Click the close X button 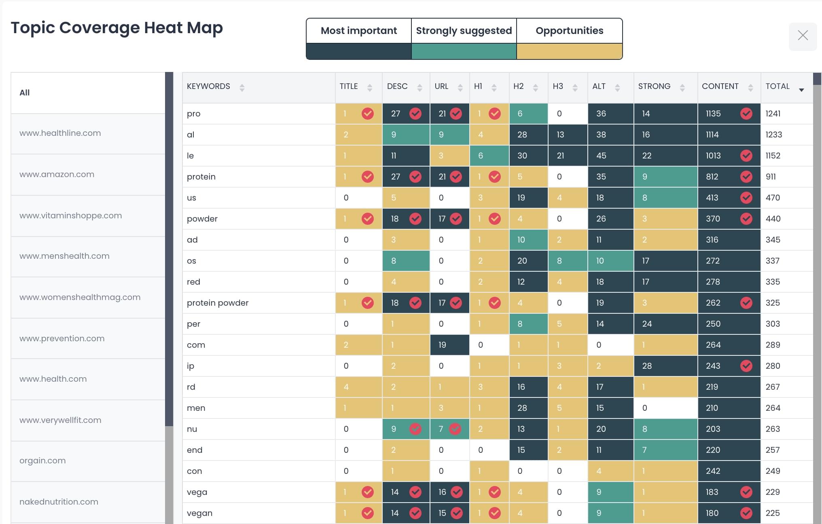point(803,36)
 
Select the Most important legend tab point(358,31)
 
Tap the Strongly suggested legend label point(464,31)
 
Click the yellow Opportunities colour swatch point(569,51)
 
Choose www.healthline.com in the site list point(60,133)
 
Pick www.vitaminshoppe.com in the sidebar point(71,216)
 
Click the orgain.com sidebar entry point(42,461)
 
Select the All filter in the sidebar point(25,93)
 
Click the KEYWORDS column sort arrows point(242,87)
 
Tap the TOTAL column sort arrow point(801,90)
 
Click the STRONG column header point(654,87)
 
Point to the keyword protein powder point(218,303)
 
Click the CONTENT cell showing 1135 point(714,114)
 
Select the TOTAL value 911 point(771,177)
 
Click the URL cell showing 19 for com point(442,345)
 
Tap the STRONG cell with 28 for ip point(647,366)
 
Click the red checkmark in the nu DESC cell point(415,429)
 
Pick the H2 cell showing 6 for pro point(520,114)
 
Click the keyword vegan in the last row point(199,513)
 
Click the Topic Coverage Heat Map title point(117,28)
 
